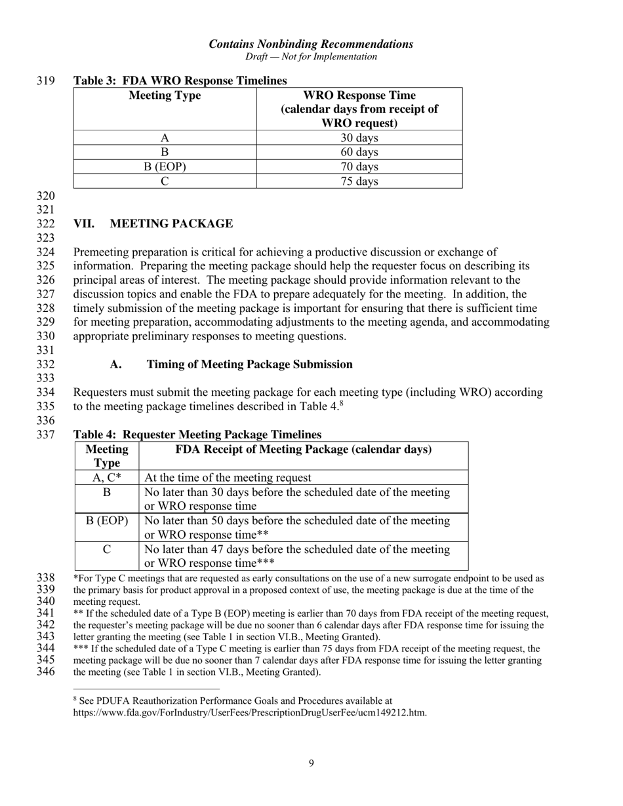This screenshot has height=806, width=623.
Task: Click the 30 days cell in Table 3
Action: coord(359,138)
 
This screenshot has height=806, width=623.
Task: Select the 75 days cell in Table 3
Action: coord(359,182)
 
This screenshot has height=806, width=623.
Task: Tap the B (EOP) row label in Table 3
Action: coord(165,167)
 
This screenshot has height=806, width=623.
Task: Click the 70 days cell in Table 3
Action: coord(359,167)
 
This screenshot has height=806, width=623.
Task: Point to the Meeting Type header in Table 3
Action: coord(165,96)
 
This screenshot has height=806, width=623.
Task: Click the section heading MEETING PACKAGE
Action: coord(171,224)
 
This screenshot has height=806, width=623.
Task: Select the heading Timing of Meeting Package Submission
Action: coord(249,364)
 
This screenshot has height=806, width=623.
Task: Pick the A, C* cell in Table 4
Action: coord(107,478)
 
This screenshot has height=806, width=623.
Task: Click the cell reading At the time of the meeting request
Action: coord(228,478)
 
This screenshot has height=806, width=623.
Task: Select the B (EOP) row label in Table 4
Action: coord(107,520)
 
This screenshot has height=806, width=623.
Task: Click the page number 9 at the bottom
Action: coord(311,763)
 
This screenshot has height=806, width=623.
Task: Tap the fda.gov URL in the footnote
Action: coord(250,712)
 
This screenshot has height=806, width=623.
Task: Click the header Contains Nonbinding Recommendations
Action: coord(311,44)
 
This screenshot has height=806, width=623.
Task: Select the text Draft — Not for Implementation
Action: coord(311,56)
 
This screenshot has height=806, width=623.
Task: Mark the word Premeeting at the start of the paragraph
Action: coord(102,252)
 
